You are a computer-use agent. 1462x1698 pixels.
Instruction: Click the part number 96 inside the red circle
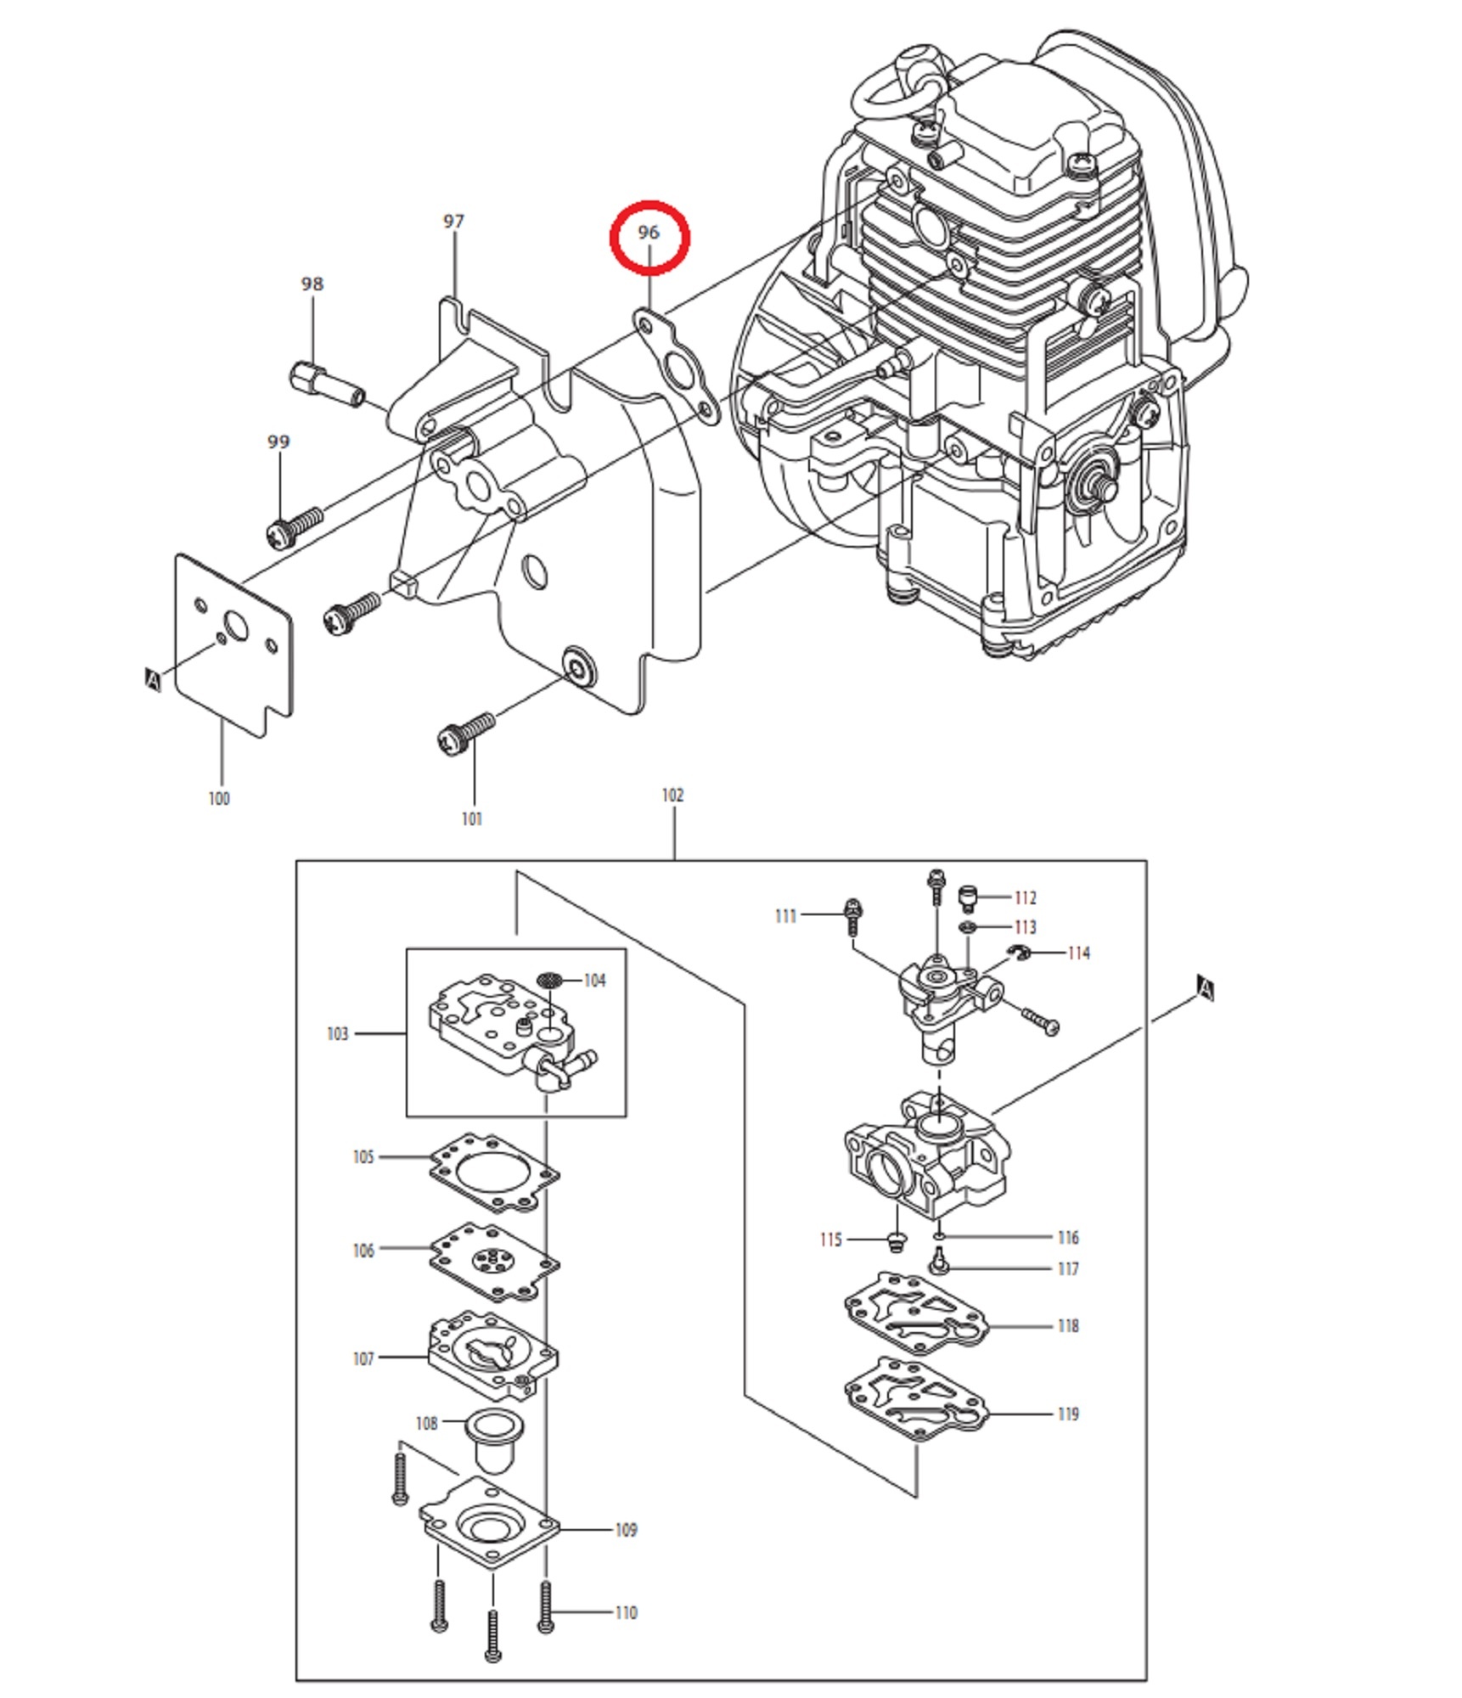click(x=649, y=232)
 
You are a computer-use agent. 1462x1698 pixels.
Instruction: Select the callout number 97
click(x=454, y=222)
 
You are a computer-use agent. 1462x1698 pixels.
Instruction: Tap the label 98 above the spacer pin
click(x=312, y=284)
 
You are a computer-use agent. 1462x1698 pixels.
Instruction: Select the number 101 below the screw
click(x=472, y=818)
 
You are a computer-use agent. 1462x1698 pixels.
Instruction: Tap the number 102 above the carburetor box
click(x=672, y=795)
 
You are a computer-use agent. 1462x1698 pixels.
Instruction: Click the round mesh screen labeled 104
click(x=550, y=980)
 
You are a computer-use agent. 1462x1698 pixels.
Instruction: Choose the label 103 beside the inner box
click(x=337, y=1033)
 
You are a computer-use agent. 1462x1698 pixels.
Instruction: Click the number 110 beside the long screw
click(x=626, y=1612)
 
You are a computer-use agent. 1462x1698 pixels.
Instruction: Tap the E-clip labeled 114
click(x=1020, y=953)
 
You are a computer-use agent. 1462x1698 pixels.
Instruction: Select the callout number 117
click(x=1068, y=1268)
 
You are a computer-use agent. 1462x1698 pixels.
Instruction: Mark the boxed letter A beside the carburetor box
click(x=1206, y=988)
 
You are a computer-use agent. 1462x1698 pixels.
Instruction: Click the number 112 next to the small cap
click(x=1026, y=897)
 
